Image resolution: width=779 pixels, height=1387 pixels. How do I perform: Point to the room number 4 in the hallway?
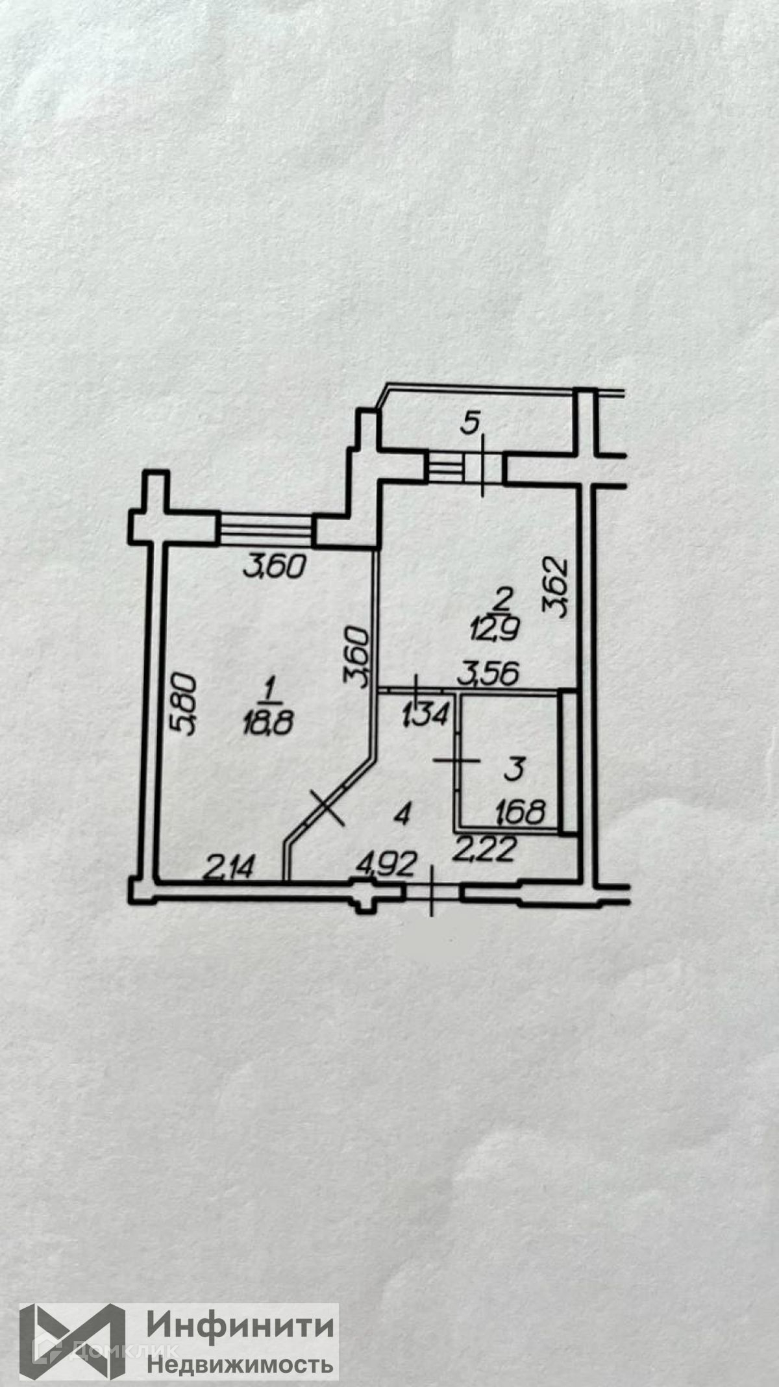pyautogui.click(x=403, y=814)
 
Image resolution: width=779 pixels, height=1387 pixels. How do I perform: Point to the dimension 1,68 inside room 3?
pyautogui.click(x=519, y=812)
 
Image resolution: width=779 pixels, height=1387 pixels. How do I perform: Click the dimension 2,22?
pyautogui.click(x=486, y=848)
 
